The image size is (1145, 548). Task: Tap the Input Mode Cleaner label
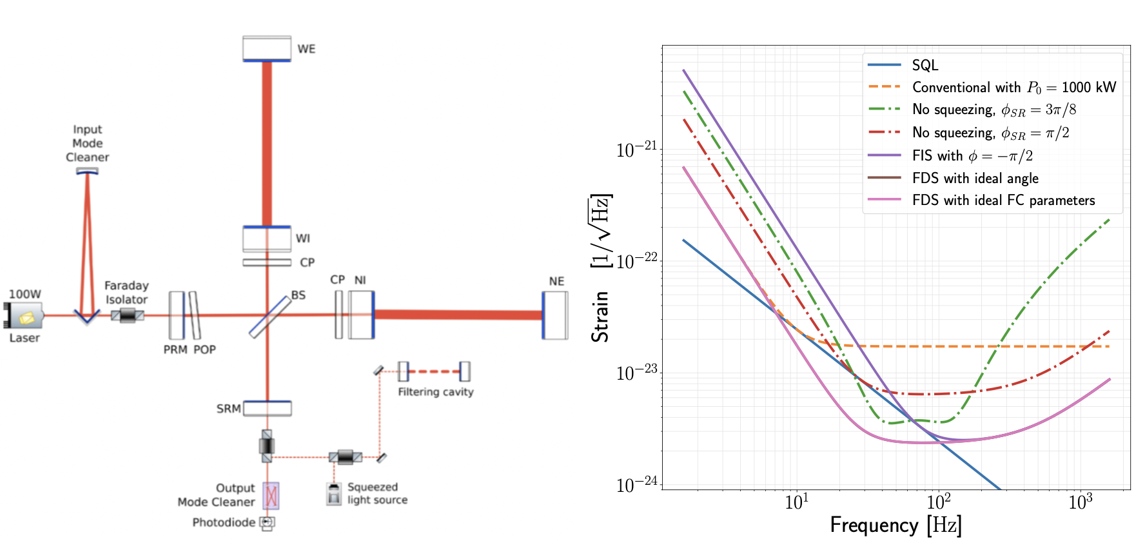(x=87, y=143)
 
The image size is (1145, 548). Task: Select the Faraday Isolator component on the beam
(x=127, y=315)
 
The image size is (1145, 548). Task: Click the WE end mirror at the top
(x=267, y=49)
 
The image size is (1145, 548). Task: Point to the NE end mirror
(x=555, y=315)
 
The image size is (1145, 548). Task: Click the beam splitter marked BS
(x=270, y=316)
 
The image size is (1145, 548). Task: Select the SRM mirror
(x=268, y=408)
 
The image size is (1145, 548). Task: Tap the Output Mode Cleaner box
(x=271, y=496)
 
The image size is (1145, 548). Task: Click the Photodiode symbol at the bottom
(x=267, y=522)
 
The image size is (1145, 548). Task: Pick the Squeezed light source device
(x=334, y=494)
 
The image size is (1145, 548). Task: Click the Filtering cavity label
(x=436, y=392)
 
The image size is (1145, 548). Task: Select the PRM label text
(x=175, y=349)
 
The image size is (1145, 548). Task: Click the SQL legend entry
(x=925, y=65)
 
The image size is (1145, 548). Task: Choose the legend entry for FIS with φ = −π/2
(x=972, y=156)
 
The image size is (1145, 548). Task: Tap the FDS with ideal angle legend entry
(x=975, y=179)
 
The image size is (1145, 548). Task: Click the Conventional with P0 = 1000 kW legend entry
(x=1013, y=88)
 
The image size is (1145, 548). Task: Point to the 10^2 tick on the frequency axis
(x=939, y=502)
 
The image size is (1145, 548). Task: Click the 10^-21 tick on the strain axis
(x=636, y=150)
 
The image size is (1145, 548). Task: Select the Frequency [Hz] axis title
(x=895, y=525)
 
